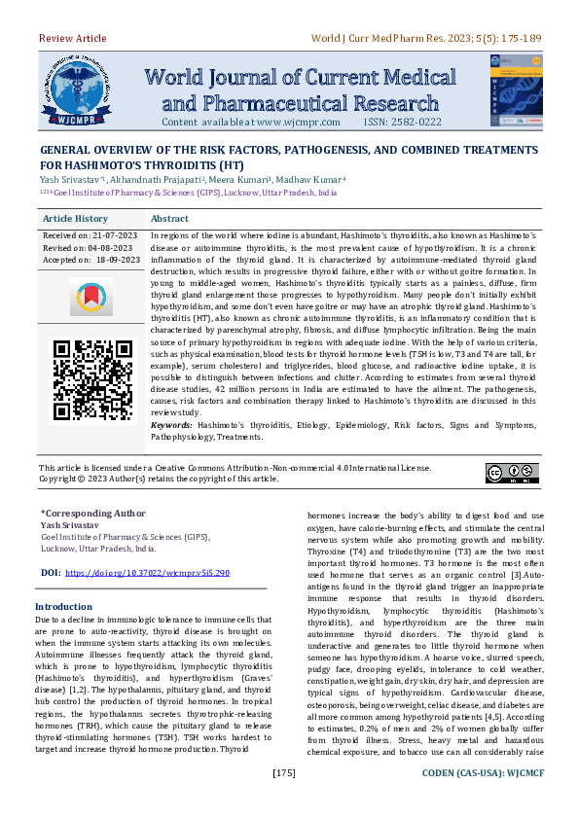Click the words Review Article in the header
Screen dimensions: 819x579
point(72,38)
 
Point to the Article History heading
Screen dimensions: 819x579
point(76,219)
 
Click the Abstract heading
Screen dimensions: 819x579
point(170,219)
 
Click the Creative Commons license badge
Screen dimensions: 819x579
point(511,473)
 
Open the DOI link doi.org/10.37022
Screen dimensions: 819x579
point(147,574)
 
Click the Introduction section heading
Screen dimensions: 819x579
point(63,606)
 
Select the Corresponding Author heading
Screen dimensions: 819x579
point(92,512)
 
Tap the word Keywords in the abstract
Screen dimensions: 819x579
point(171,426)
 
